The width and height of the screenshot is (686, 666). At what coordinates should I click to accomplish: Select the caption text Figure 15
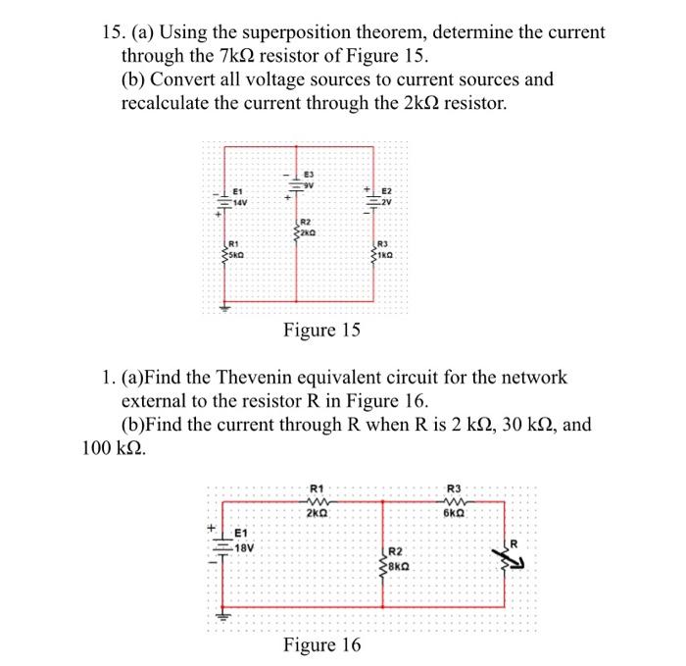pyautogui.click(x=321, y=331)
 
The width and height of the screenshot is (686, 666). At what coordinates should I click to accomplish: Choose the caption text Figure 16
pyautogui.click(x=321, y=644)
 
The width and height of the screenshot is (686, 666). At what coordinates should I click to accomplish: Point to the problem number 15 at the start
pyautogui.click(x=111, y=32)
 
